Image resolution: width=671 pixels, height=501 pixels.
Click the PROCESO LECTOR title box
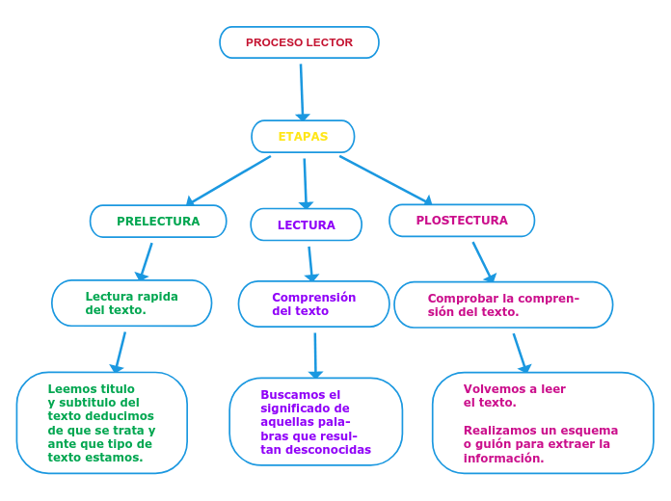coord(299,42)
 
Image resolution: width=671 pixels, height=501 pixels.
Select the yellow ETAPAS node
coord(303,137)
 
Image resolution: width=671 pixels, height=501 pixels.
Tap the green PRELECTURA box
coord(158,221)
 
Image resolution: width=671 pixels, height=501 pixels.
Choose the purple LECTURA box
coord(307,224)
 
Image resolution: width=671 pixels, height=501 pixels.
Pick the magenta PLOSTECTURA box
coord(462,221)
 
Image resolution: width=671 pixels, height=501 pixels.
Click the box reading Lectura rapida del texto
coord(132,303)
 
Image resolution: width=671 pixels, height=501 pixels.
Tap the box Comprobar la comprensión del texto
coord(503,304)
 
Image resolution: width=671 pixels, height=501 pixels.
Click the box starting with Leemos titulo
coord(101,423)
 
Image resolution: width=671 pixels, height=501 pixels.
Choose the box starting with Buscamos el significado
coord(315,422)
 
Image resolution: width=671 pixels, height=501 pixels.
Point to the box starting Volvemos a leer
coord(543,423)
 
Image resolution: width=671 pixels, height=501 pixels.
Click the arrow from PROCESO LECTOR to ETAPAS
coord(302,92)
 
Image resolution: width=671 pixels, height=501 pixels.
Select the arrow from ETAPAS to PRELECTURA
coord(229,180)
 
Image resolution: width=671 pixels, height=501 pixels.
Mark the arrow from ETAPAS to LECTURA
coord(306,182)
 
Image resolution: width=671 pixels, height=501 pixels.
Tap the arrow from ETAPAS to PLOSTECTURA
coord(385,179)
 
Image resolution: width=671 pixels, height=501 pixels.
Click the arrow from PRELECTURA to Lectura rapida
coord(147,260)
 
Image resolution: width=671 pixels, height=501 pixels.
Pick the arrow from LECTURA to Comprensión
coord(310,263)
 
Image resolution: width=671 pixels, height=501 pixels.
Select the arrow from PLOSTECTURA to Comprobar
coord(483,261)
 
